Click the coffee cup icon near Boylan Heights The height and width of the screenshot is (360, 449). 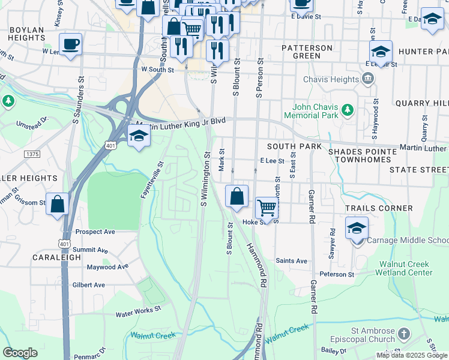[71, 43]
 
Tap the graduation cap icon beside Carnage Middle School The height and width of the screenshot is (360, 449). [357, 229]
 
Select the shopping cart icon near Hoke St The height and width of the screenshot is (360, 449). [267, 208]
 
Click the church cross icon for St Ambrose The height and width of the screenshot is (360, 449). [405, 333]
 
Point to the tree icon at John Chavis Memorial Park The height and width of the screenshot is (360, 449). [347, 110]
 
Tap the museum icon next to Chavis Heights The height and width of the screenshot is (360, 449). [367, 79]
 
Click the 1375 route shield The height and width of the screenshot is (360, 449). [32, 154]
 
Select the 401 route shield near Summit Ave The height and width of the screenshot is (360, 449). [63, 242]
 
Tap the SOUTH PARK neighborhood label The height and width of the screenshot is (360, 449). [294, 146]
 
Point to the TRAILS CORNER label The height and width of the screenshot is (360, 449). [379, 208]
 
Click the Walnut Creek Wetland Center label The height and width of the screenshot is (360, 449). [403, 268]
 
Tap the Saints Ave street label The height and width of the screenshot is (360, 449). [291, 261]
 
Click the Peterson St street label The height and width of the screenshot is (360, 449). [337, 274]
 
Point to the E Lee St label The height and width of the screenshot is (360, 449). [272, 161]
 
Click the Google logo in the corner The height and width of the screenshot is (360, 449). [20, 353]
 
